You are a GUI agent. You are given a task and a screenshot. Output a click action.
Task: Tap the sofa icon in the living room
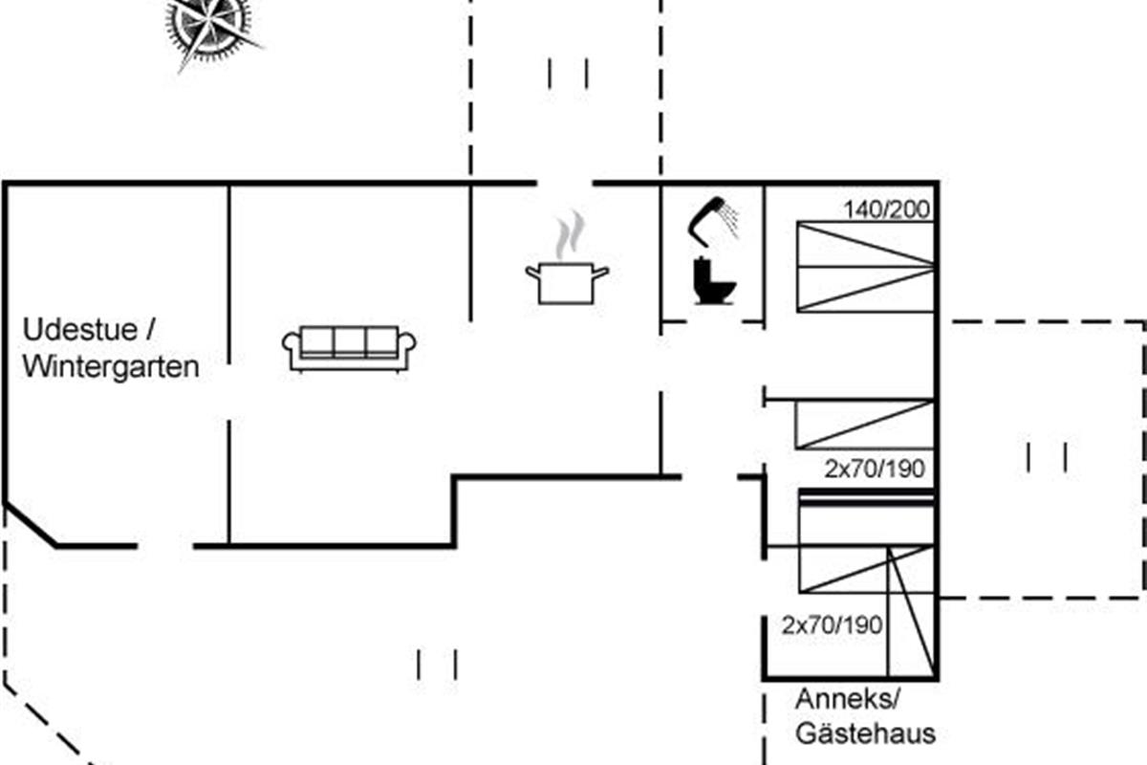[349, 348]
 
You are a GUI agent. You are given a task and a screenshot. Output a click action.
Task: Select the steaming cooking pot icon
[568, 258]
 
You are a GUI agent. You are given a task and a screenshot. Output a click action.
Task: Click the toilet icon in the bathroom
[714, 280]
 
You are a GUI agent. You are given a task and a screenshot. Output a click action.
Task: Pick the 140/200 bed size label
[886, 209]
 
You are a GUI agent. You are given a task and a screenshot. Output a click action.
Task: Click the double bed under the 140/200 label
[865, 267]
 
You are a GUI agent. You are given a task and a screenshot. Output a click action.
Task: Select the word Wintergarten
[111, 367]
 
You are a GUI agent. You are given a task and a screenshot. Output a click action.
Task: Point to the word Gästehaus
[865, 733]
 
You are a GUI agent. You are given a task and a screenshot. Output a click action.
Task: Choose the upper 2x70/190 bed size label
[875, 469]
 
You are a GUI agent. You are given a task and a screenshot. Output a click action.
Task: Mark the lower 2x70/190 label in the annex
[833, 625]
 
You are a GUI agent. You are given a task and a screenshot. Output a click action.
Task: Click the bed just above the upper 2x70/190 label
[865, 425]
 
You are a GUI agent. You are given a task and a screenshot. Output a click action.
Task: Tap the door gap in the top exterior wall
[565, 183]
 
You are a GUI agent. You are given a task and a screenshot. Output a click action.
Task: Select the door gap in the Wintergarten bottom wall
[165, 546]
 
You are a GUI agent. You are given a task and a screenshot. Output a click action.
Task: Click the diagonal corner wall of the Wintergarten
[30, 525]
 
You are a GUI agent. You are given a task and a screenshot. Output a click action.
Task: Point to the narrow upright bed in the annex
[912, 612]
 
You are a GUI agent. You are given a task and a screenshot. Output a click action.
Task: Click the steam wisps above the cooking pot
[571, 234]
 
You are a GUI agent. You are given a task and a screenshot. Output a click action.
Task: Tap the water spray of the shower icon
[729, 219]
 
